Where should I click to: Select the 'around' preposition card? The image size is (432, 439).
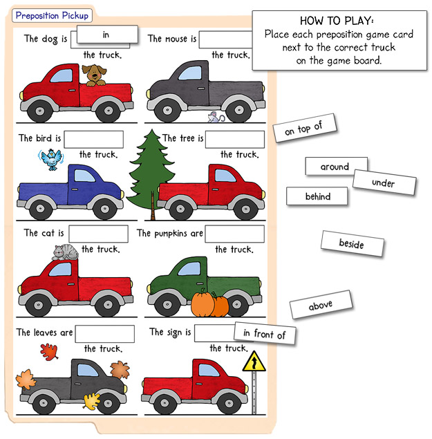[x=336, y=167]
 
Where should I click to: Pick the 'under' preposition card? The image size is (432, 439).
[x=384, y=183]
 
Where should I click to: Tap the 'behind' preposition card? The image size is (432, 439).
[x=317, y=196]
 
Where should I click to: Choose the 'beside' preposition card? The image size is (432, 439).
[x=352, y=244]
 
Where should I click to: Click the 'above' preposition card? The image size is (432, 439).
[x=321, y=304]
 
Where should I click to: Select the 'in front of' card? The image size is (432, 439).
[x=265, y=333]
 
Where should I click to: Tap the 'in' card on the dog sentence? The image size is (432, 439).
[x=107, y=35]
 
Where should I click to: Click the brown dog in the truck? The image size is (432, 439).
[x=94, y=75]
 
